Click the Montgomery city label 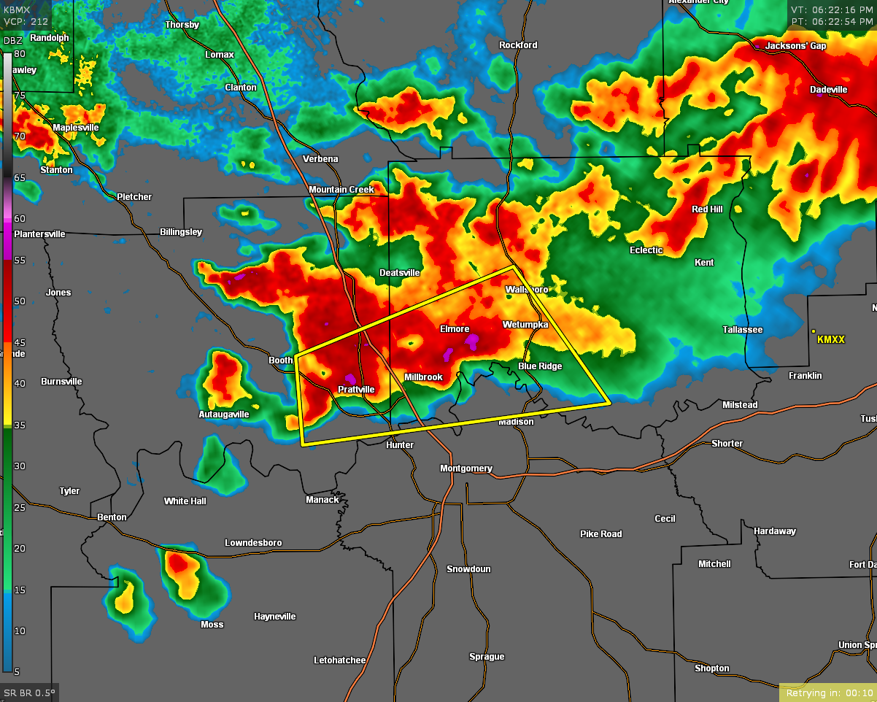click(x=466, y=468)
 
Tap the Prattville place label click(x=356, y=390)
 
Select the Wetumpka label click(x=525, y=324)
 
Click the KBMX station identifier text click(x=18, y=10)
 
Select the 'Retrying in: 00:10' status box click(x=827, y=693)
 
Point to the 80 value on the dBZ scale click(x=19, y=54)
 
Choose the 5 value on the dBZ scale click(x=17, y=671)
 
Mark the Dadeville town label click(x=829, y=90)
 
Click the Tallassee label click(x=743, y=330)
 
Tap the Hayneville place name click(x=275, y=617)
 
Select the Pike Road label click(x=601, y=534)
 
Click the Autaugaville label click(x=224, y=414)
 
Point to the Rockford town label click(x=518, y=45)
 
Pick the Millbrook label click(x=424, y=377)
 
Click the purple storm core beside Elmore click(x=473, y=339)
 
